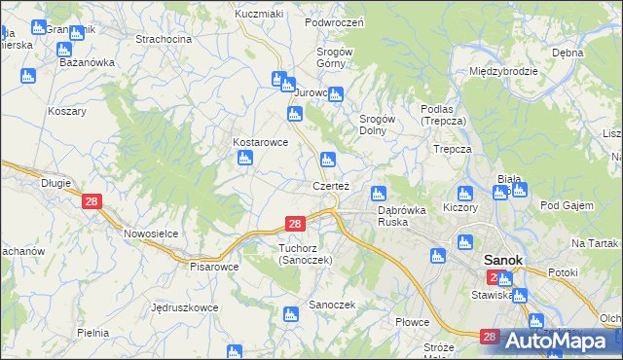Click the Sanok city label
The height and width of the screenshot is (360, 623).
pyautogui.click(x=502, y=261)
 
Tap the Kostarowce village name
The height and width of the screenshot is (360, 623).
pyautogui.click(x=260, y=141)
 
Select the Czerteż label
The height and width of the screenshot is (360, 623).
pyautogui.click(x=331, y=185)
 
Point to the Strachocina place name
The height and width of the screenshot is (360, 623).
pyautogui.click(x=164, y=39)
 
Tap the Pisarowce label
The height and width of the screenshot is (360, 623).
pyautogui.click(x=214, y=266)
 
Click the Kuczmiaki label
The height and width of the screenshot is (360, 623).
pyautogui.click(x=259, y=15)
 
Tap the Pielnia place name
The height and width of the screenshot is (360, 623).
pyautogui.click(x=92, y=333)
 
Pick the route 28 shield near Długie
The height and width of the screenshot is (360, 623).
pyautogui.click(x=92, y=201)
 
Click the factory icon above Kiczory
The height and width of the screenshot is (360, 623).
pyautogui.click(x=465, y=193)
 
